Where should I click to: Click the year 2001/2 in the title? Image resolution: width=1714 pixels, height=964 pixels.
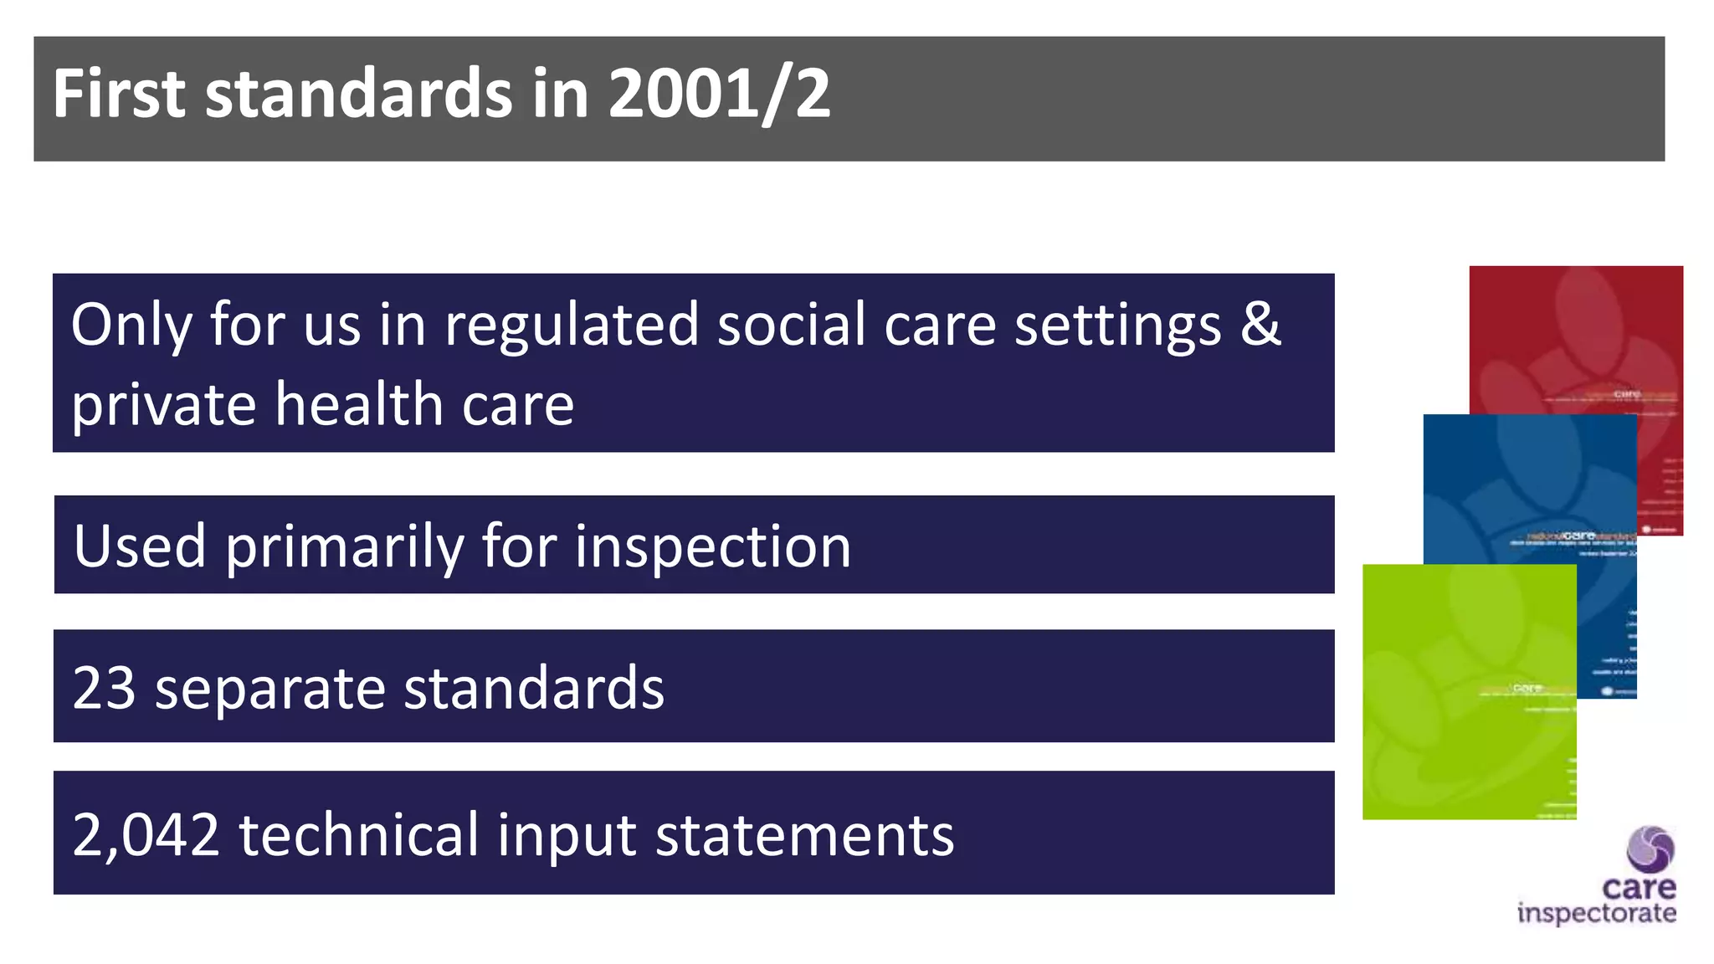(719, 94)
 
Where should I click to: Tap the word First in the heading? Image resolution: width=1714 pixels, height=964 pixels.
(118, 94)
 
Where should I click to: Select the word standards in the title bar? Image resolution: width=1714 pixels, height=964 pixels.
(358, 94)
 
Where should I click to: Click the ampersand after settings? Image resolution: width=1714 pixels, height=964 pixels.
(1260, 324)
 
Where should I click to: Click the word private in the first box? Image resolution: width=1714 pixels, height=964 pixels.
(163, 406)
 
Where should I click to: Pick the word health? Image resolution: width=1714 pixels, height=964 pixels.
(359, 404)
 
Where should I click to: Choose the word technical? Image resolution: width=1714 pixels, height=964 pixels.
(358, 835)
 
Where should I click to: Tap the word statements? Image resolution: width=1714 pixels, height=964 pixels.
(804, 835)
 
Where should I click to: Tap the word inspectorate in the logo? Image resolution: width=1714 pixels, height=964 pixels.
(1596, 913)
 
